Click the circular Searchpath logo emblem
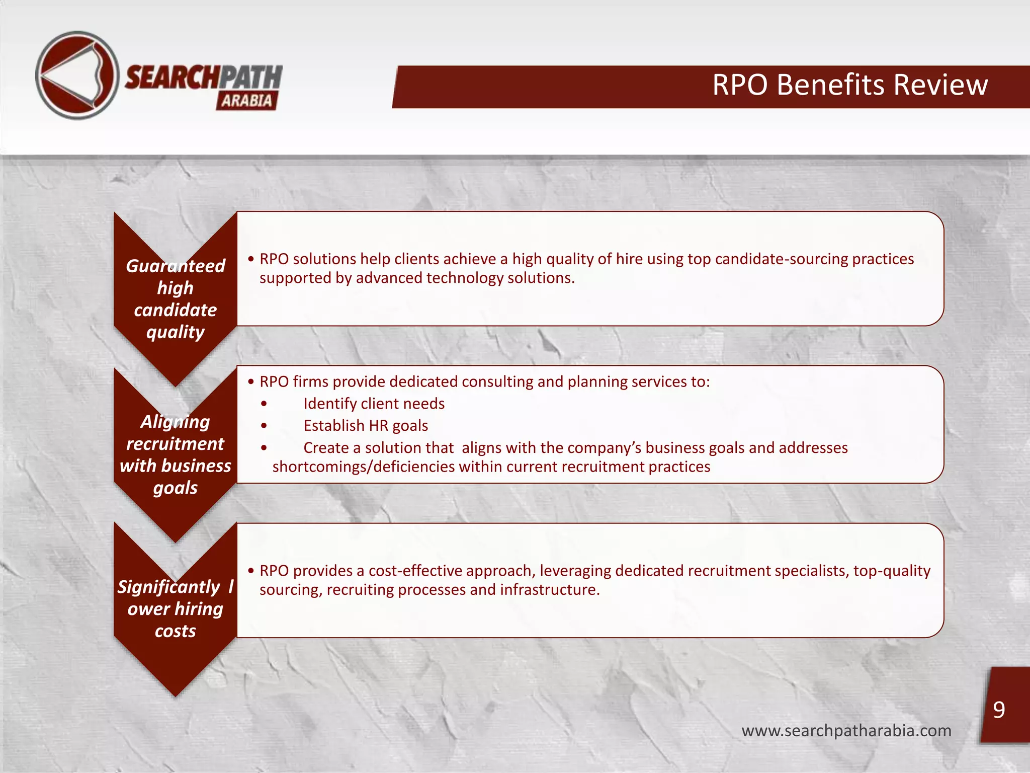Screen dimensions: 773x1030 77,75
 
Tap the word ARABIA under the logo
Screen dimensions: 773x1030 246,101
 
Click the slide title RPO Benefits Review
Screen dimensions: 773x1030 849,85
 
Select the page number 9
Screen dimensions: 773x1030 999,710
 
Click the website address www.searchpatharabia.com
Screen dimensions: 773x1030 846,730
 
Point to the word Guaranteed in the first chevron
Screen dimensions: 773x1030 175,266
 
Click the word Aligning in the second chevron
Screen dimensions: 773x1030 175,422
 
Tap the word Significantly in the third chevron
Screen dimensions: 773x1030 168,587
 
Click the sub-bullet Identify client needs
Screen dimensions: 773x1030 374,404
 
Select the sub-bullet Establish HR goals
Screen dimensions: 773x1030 366,426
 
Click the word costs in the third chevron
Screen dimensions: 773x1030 175,631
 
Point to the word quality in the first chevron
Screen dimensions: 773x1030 175,332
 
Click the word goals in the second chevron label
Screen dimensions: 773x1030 175,488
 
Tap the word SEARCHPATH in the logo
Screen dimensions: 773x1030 203,78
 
